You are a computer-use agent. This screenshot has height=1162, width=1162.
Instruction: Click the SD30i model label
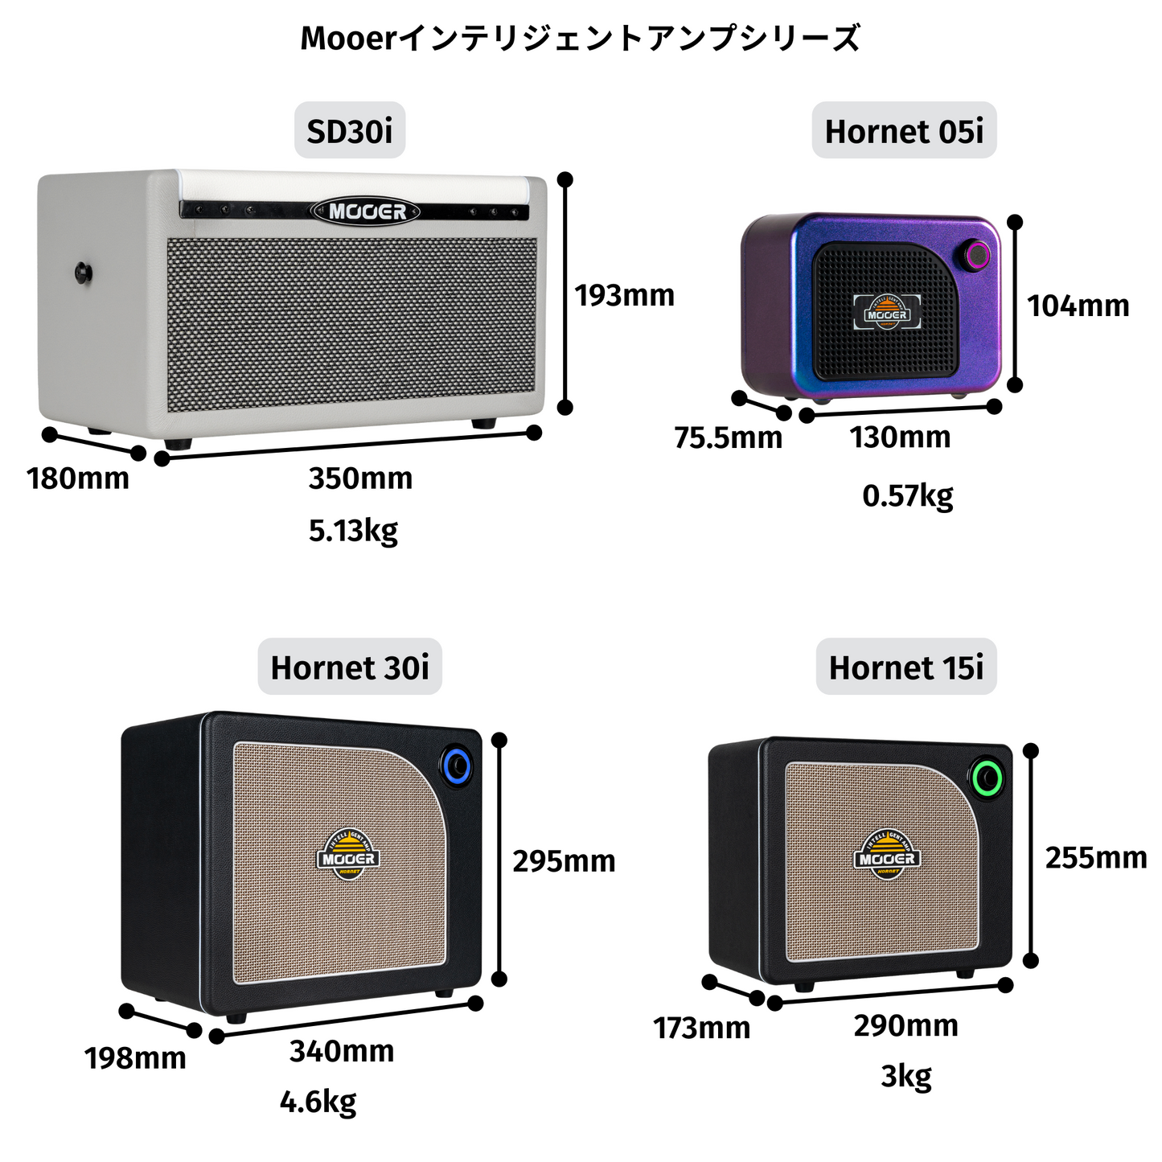pos(350,131)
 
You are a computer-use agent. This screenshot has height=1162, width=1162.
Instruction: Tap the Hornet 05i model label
pos(904,131)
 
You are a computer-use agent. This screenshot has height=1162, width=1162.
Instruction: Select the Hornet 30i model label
pos(350,667)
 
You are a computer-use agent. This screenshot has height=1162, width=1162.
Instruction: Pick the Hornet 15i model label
pos(906,667)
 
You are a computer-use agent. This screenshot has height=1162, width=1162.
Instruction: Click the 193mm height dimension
pos(624,296)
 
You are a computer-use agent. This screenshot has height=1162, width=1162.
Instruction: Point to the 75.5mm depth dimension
pos(728,438)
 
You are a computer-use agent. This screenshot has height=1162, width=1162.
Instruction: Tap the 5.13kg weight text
pos(353,531)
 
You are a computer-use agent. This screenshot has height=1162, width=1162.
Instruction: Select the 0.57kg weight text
pos(907,495)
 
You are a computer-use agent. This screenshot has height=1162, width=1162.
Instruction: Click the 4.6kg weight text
pos(318,1102)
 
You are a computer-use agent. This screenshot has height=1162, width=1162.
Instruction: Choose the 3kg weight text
pos(906,1075)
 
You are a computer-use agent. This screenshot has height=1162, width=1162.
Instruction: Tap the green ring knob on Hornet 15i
pos(986,778)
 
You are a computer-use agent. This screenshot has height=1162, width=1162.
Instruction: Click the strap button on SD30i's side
pos(84,273)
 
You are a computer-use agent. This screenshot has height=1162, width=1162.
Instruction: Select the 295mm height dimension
pos(564,861)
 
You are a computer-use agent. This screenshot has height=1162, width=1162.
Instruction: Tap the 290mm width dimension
pos(905,1026)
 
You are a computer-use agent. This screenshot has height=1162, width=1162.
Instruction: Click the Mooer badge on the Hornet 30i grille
pos(347,854)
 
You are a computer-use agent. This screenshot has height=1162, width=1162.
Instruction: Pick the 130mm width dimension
pos(900,437)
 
